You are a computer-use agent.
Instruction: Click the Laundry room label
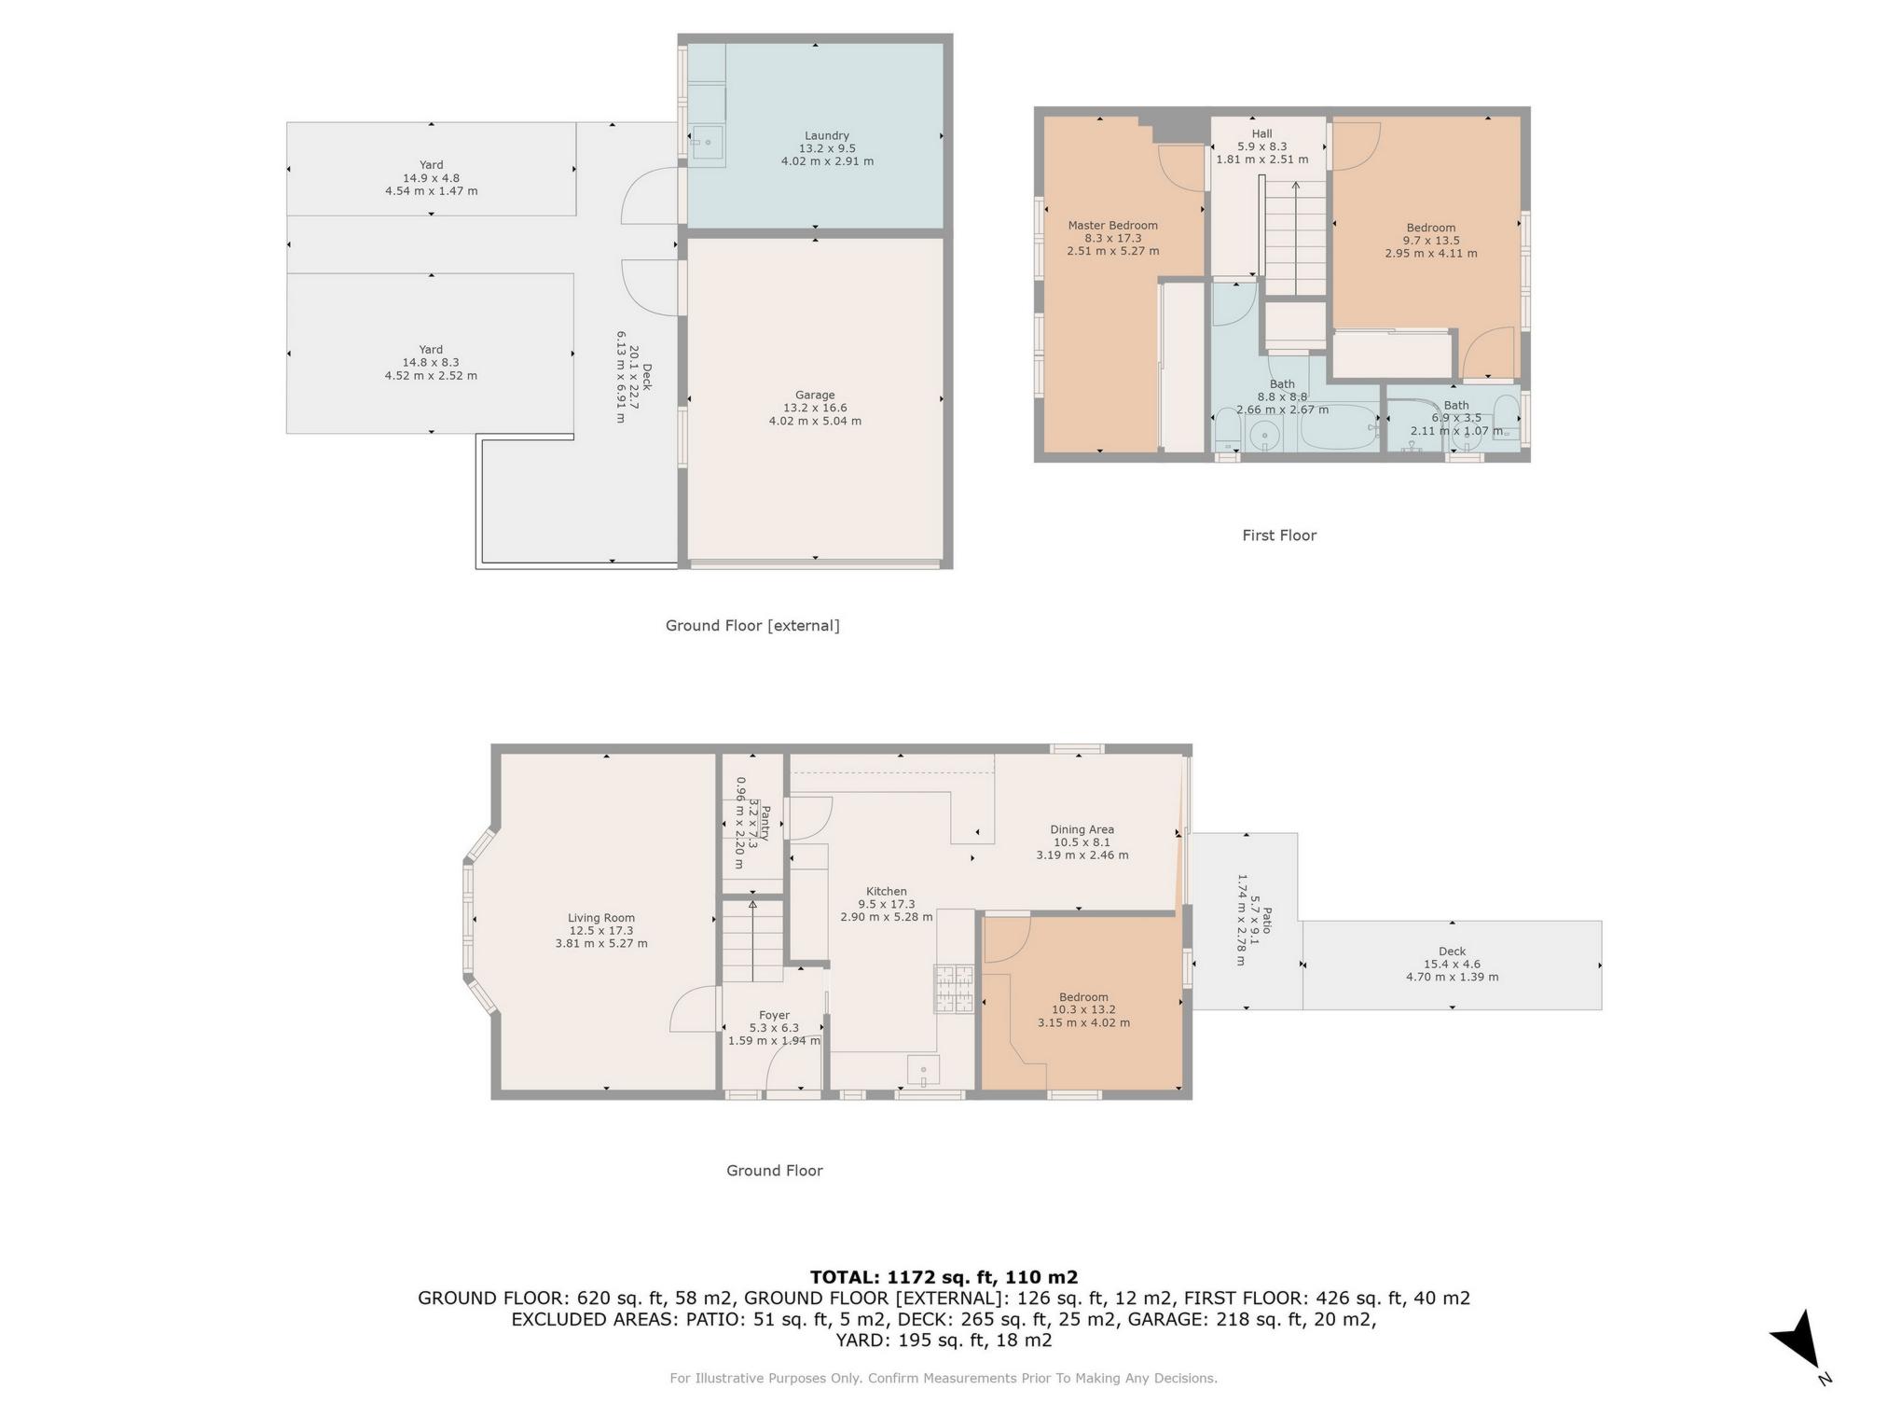826,136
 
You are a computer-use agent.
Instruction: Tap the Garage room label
815,396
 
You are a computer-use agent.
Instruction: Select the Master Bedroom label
1112,226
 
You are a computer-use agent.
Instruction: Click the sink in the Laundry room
708,144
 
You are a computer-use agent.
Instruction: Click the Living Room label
601,918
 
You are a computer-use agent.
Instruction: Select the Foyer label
774,1015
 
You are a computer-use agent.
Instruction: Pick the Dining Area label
1082,829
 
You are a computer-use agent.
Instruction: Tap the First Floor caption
1278,535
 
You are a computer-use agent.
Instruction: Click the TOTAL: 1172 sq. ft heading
943,1277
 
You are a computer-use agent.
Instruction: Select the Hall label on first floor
1261,134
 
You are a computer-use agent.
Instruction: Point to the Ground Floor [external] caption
751,626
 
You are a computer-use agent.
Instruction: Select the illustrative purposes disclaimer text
943,1378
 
